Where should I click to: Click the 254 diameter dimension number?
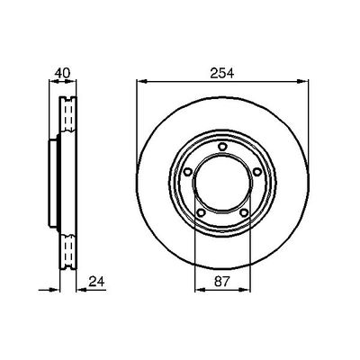220,73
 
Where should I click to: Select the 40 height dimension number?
61,73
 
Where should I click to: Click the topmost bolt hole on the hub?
220,146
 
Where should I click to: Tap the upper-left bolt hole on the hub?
186,174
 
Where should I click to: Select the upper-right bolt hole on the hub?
256,174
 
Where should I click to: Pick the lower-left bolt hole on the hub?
201,212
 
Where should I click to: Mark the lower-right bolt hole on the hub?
243,212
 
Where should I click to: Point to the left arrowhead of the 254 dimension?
141,82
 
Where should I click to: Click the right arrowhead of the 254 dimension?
302,82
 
